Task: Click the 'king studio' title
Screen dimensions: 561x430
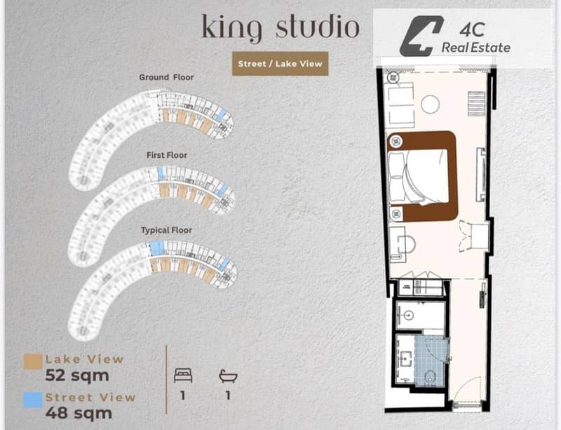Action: pyautogui.click(x=280, y=28)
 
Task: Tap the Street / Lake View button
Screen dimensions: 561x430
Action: pyautogui.click(x=280, y=64)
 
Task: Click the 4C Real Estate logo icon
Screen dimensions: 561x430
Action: pyautogui.click(x=421, y=36)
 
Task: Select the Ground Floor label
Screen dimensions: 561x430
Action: pyautogui.click(x=166, y=77)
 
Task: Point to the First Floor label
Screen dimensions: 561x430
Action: pyautogui.click(x=167, y=156)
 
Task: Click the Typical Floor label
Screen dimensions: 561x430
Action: pyautogui.click(x=166, y=230)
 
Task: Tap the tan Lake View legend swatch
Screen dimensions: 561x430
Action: pyautogui.click(x=33, y=362)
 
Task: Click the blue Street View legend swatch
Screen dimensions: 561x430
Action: pyautogui.click(x=33, y=400)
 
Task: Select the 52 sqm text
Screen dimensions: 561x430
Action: pyautogui.click(x=77, y=375)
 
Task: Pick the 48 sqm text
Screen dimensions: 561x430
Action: pyautogui.click(x=79, y=413)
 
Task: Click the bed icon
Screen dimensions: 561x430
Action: pyautogui.click(x=183, y=376)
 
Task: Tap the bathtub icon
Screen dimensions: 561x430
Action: pyautogui.click(x=228, y=376)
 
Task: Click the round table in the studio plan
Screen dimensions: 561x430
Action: pyautogui.click(x=430, y=105)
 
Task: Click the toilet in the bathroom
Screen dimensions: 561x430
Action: pyautogui.click(x=429, y=377)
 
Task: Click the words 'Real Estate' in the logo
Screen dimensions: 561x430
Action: pyautogui.click(x=476, y=48)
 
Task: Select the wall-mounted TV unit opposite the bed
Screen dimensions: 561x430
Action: pyautogui.click(x=481, y=175)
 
